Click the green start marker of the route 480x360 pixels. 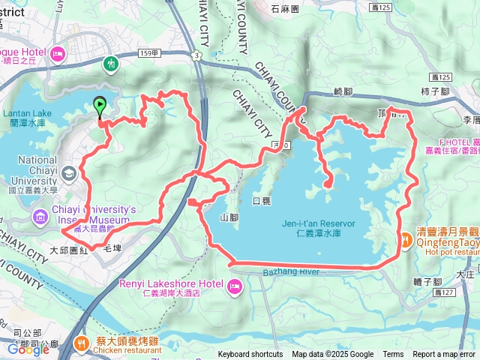click(x=99, y=106)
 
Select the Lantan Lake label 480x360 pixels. click(x=26, y=113)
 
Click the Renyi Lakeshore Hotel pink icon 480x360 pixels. click(x=234, y=285)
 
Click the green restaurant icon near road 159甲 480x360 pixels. click(x=111, y=64)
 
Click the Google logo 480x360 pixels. click(x=28, y=349)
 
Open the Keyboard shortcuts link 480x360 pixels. click(x=250, y=355)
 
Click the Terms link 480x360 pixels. click(x=393, y=355)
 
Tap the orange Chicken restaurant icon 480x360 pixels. click(x=81, y=343)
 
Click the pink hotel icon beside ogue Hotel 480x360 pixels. click(x=57, y=52)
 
